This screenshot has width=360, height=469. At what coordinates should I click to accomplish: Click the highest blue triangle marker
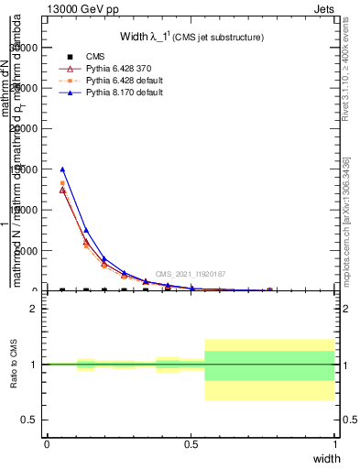[62, 169]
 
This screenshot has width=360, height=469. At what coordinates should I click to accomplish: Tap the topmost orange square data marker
[62, 183]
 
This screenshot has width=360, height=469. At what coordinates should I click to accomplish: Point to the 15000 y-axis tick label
[27, 169]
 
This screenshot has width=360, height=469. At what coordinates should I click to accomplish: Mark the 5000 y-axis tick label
[29, 251]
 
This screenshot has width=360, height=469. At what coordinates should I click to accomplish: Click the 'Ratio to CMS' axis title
[15, 365]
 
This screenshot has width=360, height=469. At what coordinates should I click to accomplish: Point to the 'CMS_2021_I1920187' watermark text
[190, 274]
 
